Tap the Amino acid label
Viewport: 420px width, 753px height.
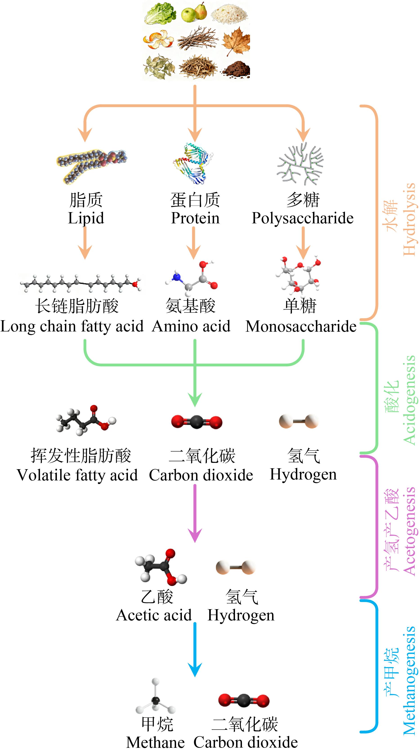pos(191,326)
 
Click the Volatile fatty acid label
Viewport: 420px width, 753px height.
pos(77,475)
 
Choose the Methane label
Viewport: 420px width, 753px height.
pos(155,742)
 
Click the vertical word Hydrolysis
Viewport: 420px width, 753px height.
pos(409,219)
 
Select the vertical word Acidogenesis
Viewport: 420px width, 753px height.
pos(409,400)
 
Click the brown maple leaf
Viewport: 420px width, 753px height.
pos(236,41)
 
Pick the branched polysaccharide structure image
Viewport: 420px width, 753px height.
pos(300,164)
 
